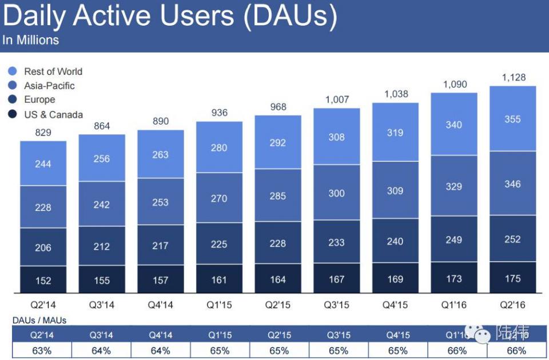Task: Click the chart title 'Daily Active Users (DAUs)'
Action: (170, 17)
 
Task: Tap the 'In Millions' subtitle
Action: (30, 40)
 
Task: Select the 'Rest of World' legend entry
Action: (53, 71)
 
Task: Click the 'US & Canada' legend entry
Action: (53, 114)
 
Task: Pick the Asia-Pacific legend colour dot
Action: (13, 86)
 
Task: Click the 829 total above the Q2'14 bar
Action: (43, 132)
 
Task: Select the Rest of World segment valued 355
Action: (512, 119)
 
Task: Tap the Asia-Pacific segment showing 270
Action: (219, 198)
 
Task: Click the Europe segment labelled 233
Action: (336, 242)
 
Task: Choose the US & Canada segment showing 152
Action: (43, 280)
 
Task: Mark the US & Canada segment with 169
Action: (395, 279)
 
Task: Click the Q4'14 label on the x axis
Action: (161, 305)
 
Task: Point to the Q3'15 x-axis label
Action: (336, 305)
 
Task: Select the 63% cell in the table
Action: (42, 350)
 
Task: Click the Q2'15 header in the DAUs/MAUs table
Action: (279, 335)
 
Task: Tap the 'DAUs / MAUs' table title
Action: (39, 321)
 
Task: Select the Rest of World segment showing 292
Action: (278, 142)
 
